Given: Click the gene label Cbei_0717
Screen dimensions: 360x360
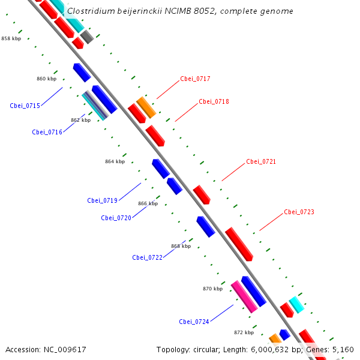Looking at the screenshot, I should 195,79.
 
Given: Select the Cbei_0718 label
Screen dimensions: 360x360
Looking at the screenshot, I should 214,102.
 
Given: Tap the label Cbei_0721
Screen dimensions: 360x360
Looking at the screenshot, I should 261,162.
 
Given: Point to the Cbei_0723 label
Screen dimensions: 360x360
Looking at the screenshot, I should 299,212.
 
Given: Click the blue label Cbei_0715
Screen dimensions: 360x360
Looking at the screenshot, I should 25,106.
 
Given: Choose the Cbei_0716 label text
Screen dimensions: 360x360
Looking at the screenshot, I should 47,132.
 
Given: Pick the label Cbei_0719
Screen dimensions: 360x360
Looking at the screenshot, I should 102,201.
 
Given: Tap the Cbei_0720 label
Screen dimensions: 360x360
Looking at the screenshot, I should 116,218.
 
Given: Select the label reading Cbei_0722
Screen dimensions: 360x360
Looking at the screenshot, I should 148,258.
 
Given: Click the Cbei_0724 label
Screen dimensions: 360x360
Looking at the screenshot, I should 194,322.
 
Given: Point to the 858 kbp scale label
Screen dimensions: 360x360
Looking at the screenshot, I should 11,38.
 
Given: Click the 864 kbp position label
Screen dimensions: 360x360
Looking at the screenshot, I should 115,161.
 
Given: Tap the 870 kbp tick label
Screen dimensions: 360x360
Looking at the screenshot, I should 212,289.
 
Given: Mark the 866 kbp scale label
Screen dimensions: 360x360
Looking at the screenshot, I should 148,204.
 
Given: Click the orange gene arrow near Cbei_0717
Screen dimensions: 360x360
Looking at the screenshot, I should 146,107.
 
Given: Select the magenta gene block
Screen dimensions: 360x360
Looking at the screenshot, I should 244,296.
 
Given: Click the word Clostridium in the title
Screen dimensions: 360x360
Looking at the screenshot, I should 91,11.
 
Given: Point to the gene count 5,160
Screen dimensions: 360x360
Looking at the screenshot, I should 343,350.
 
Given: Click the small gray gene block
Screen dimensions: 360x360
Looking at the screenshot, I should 87,37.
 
